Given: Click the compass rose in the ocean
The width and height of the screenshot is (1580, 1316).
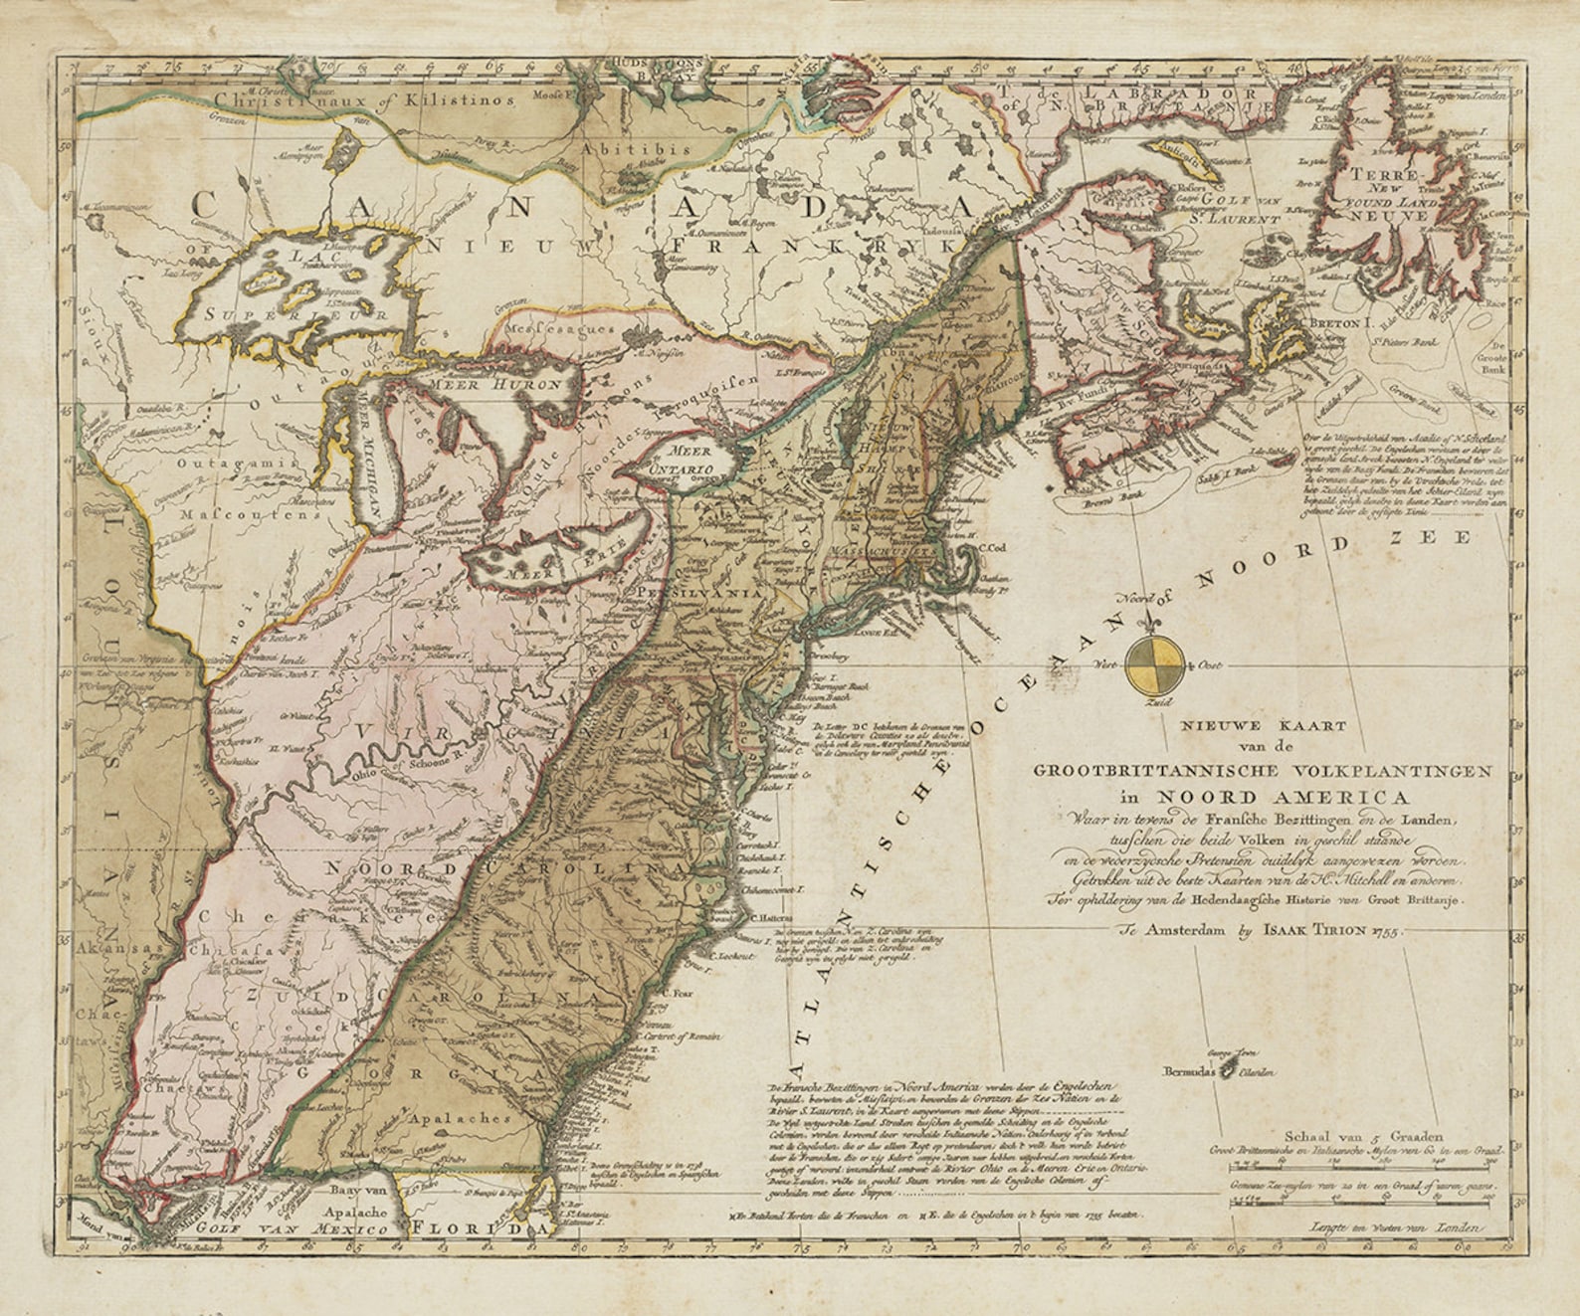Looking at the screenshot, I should click(x=1155, y=664).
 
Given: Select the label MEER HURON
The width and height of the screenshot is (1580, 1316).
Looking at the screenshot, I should click(x=486, y=382).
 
